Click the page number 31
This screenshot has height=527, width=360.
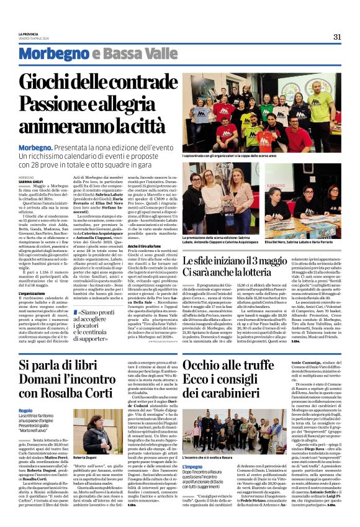click(x=337, y=37)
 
